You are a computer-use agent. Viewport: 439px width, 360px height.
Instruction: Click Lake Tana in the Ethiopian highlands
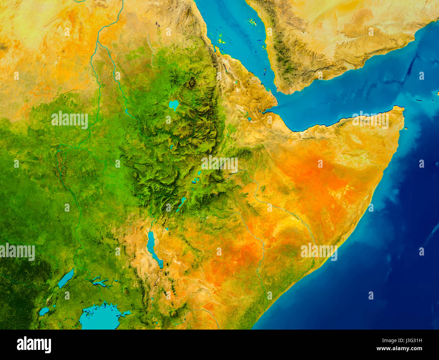(x=174, y=104)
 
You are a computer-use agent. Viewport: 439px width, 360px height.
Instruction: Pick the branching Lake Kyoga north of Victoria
(x=100, y=282)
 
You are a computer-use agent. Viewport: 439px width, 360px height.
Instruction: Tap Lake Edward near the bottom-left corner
(x=44, y=311)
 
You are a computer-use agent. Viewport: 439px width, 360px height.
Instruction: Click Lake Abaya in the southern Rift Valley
(x=182, y=202)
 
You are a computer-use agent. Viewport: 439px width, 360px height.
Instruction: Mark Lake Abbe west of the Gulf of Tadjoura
(x=249, y=119)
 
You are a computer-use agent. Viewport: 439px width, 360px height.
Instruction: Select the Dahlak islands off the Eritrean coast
(x=221, y=41)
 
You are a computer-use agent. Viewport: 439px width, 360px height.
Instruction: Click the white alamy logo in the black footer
(x=34, y=345)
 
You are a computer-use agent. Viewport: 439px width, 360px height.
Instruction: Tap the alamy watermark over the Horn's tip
(x=370, y=120)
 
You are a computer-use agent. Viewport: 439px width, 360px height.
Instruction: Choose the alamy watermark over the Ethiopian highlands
(x=219, y=164)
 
